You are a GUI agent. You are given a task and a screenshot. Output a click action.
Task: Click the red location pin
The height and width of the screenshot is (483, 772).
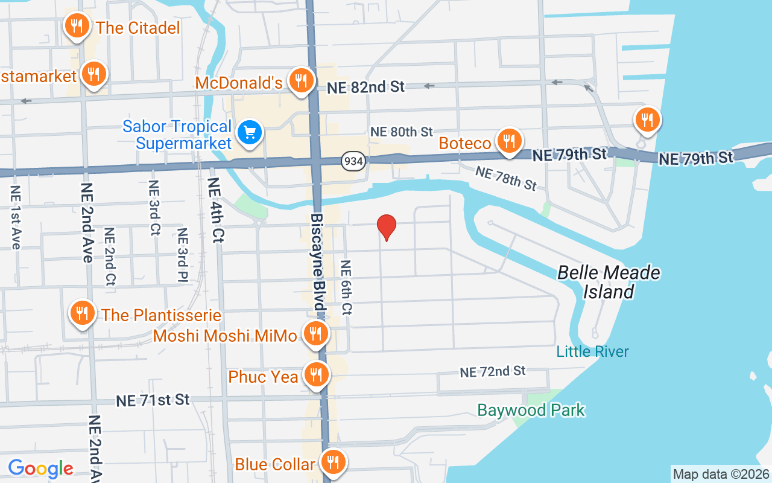[x=387, y=227]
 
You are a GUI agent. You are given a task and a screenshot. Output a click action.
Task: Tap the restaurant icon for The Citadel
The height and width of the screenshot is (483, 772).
[x=77, y=26]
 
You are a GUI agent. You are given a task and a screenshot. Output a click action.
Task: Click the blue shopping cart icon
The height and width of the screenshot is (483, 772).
[x=248, y=132]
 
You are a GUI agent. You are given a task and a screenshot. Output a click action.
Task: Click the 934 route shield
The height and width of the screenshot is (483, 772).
[x=353, y=161]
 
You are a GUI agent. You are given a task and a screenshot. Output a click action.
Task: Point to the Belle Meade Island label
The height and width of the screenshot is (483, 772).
[x=609, y=282]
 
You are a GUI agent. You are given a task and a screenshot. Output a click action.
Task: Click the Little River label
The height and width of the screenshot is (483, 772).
[x=592, y=351]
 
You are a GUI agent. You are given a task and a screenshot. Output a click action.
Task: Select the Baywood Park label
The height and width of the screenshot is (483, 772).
[x=531, y=411]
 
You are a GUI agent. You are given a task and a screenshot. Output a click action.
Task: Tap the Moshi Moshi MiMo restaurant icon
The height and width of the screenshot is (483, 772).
[x=315, y=333]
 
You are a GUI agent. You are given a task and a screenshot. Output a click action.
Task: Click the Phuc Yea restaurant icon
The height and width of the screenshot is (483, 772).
[x=315, y=375]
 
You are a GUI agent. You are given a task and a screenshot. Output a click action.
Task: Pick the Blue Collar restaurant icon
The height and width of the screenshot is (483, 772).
[x=332, y=462]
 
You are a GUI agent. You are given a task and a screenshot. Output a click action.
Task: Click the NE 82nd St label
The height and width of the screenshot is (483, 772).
[x=365, y=87]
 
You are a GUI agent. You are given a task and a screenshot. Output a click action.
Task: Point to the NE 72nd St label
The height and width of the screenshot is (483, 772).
[x=493, y=372]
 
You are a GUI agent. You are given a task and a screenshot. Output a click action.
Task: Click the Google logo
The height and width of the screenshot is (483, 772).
[x=40, y=469]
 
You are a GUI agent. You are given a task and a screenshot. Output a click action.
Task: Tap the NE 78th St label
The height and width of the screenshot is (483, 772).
[x=505, y=178]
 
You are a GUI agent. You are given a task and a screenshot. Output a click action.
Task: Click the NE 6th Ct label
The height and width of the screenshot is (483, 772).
[x=346, y=287]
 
